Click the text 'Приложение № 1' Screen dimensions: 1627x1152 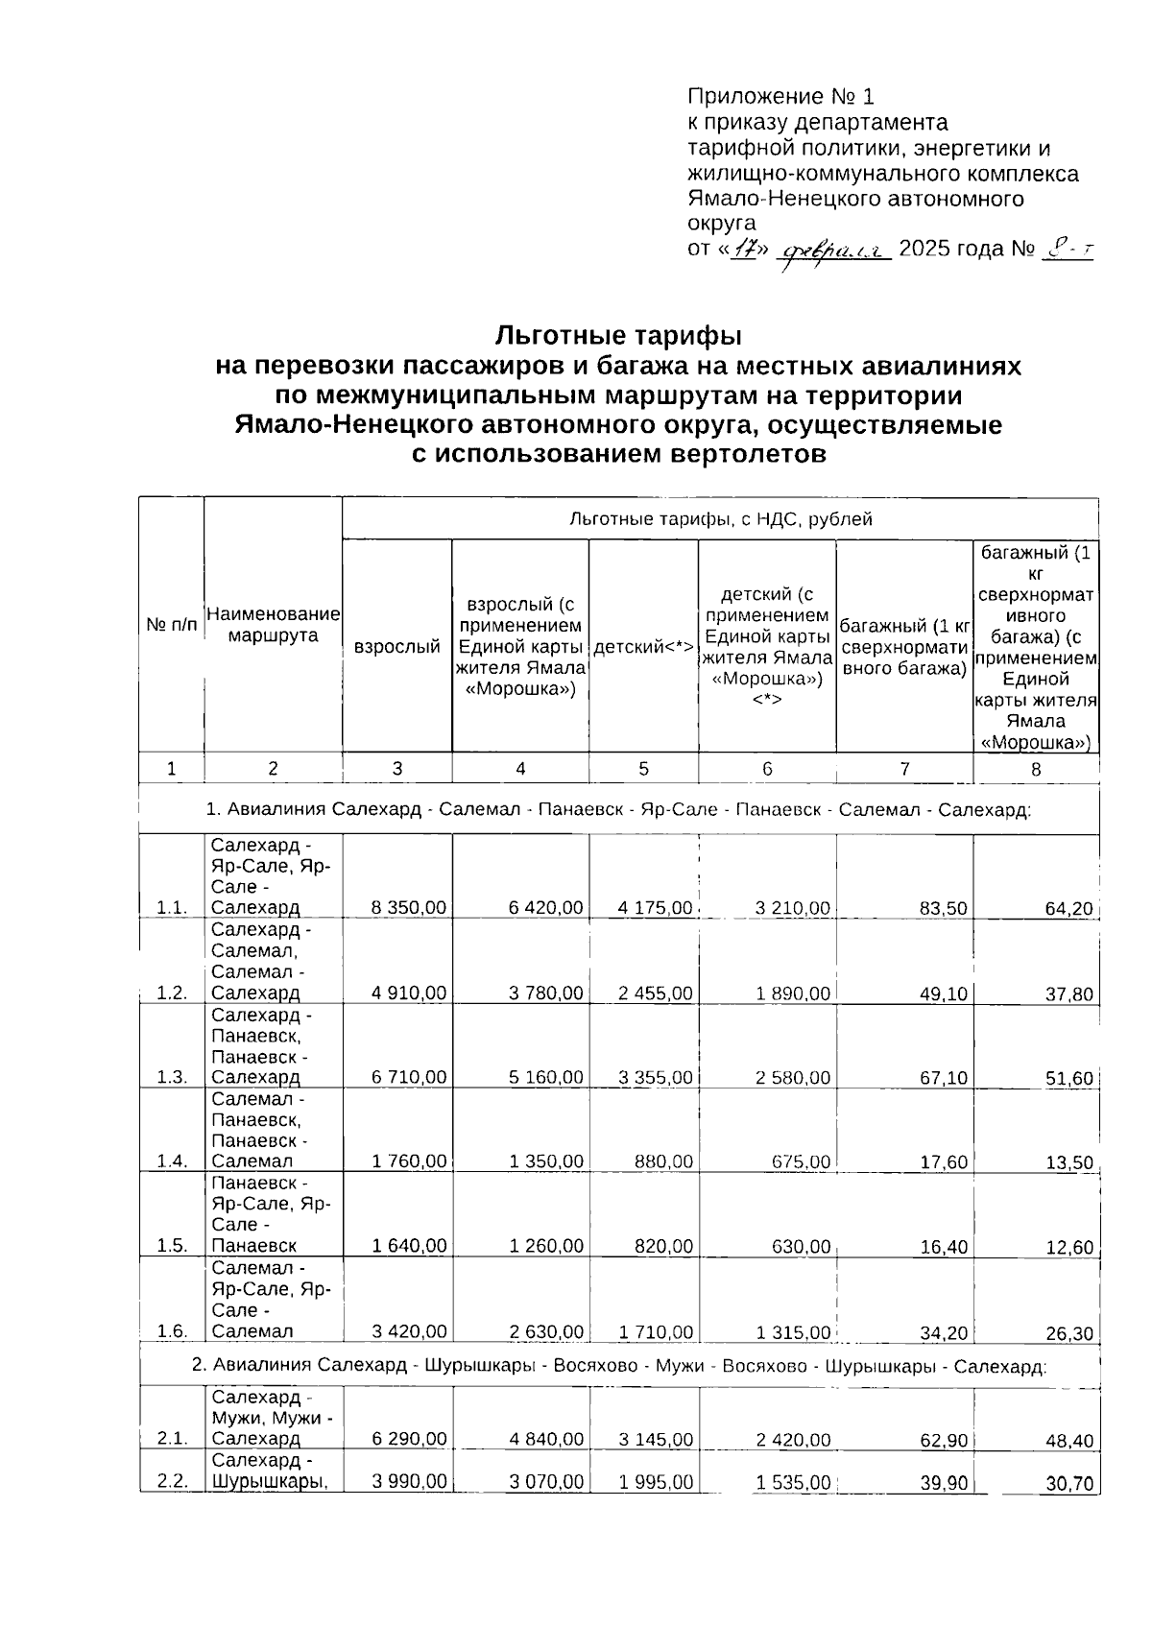click(x=780, y=97)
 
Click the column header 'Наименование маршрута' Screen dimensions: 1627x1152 click(x=274, y=625)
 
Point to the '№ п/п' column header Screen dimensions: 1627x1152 click(x=172, y=625)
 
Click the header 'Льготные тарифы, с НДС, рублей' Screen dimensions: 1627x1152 click(x=720, y=519)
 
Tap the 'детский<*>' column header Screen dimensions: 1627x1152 click(x=643, y=647)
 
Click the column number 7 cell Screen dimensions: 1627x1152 click(x=904, y=768)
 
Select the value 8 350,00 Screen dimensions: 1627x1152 click(x=409, y=908)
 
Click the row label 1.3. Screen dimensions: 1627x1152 click(x=172, y=1077)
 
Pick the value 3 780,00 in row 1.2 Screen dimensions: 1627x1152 click(x=545, y=993)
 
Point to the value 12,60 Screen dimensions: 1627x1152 click(x=1068, y=1248)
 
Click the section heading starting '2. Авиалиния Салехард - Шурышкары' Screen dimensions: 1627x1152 click(x=618, y=1365)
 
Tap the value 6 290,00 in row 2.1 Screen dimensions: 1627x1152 click(x=409, y=1440)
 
